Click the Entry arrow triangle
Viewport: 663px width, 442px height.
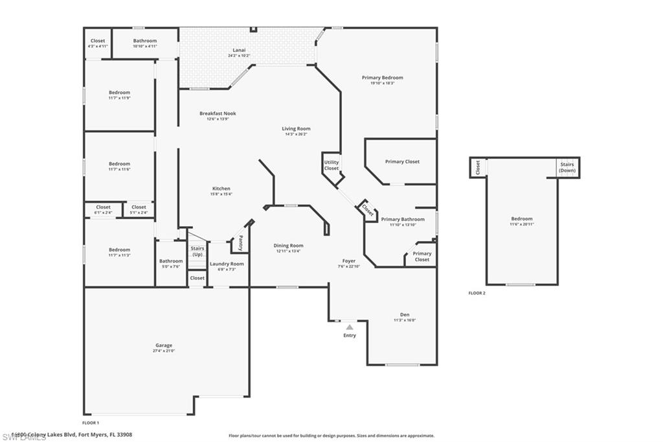(x=349, y=327)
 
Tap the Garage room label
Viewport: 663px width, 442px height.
(x=163, y=345)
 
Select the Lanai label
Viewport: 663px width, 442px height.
(x=239, y=50)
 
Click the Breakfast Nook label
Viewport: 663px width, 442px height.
(x=218, y=113)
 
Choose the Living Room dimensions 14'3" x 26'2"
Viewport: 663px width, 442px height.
(x=296, y=134)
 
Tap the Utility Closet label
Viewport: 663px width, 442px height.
(x=331, y=165)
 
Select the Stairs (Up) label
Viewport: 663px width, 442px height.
(x=197, y=251)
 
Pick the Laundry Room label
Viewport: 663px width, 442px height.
(x=227, y=264)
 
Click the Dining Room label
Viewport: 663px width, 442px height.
(x=288, y=246)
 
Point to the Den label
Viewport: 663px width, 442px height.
(x=405, y=314)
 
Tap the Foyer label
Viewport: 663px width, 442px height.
(x=348, y=261)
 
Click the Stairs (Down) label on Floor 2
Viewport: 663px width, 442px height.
(x=567, y=167)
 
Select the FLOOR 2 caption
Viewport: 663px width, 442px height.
(x=477, y=293)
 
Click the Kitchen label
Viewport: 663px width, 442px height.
(x=221, y=189)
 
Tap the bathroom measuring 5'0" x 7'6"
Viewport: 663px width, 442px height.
(x=171, y=264)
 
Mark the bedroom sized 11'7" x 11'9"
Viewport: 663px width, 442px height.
(x=119, y=95)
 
